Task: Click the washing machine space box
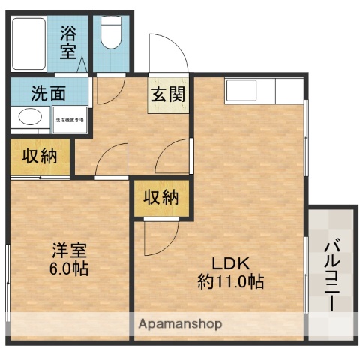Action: tap(69, 119)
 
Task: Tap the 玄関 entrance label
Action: tap(168, 95)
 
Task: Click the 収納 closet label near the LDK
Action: tap(160, 198)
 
